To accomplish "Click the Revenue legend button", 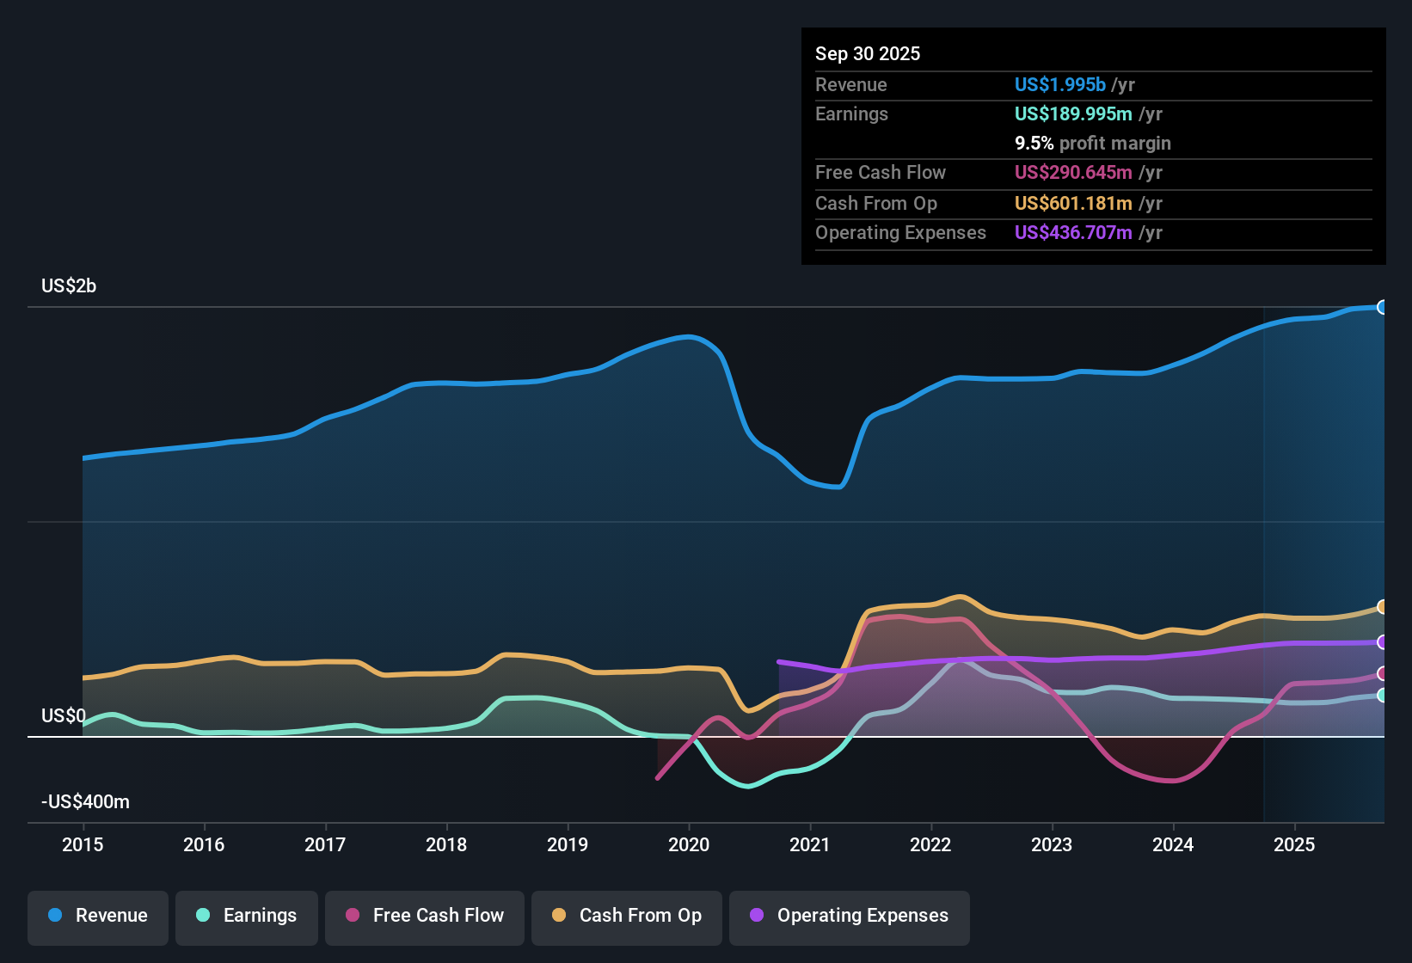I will [98, 916].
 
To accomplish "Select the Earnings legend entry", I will [247, 916].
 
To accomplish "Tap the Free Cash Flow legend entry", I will [425, 916].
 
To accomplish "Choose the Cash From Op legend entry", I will [627, 916].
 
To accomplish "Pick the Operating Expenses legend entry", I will [850, 916].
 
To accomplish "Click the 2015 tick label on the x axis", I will [83, 845].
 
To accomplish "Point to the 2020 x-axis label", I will [689, 845].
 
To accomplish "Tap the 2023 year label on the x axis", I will [1052, 845].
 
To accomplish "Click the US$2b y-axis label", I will [69, 286].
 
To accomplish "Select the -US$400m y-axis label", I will [85, 802].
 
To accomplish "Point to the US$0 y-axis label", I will [64, 716].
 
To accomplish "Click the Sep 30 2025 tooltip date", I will [868, 54].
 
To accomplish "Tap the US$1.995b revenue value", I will [1060, 85].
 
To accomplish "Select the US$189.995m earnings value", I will [1073, 114].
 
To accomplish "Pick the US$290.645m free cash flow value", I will [1073, 173].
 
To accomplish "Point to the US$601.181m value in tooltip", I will [1073, 204].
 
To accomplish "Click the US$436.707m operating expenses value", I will [1073, 233].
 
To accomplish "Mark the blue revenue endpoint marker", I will [1382, 307].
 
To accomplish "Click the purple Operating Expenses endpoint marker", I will [1382, 642].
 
